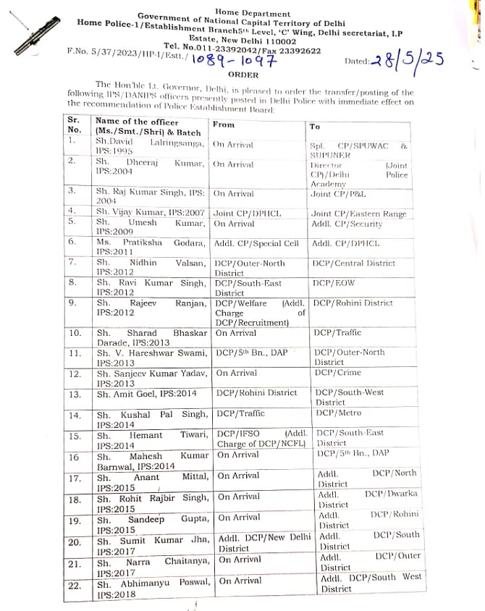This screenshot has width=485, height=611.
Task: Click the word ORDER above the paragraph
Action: pos(242,75)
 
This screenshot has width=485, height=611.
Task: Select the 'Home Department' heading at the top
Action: pos(252,13)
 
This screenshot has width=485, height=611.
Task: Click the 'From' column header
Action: pos(224,125)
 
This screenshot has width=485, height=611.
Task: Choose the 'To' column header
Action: pos(314,126)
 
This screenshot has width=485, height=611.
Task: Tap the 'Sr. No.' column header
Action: pos(74,125)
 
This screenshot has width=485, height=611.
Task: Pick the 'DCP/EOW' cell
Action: pos(334,283)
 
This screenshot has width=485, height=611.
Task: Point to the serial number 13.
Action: pos(75,395)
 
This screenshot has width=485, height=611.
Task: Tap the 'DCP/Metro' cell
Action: pos(338,413)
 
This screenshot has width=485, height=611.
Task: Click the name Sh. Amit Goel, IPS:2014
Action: pos(146,393)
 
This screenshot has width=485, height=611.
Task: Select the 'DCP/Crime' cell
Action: pos(338,372)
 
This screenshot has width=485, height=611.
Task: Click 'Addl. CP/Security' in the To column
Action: pos(347,224)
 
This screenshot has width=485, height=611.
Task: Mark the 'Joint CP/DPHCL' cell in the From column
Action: pos(247,214)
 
